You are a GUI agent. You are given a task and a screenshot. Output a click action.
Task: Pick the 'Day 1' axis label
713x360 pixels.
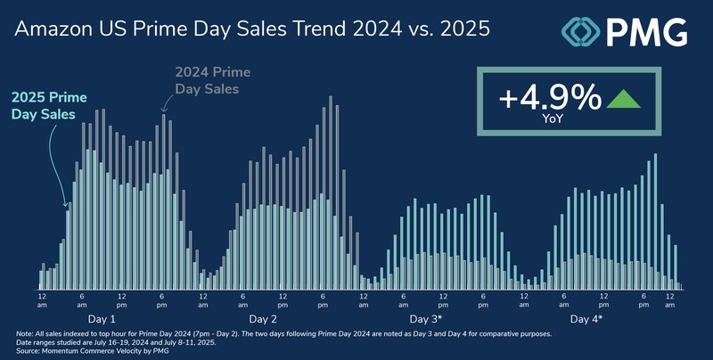(100, 318)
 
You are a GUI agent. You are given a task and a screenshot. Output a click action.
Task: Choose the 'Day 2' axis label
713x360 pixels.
(262, 318)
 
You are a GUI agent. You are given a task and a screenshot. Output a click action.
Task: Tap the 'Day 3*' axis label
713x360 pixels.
(425, 318)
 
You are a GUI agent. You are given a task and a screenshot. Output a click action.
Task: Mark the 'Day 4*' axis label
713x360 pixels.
(586, 318)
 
